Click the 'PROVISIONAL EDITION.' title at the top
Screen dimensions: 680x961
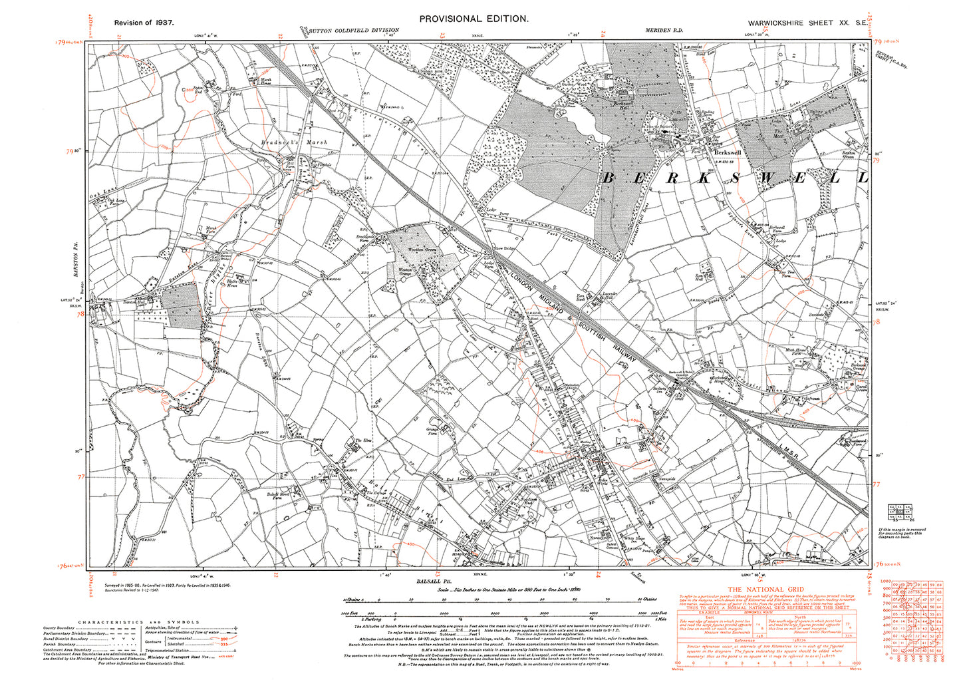click(474, 19)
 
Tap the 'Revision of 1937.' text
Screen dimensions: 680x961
click(144, 23)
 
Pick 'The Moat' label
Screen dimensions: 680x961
click(777, 132)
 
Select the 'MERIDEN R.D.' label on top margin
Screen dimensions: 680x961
click(664, 31)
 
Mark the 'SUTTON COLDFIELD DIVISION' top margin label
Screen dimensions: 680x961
click(354, 31)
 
